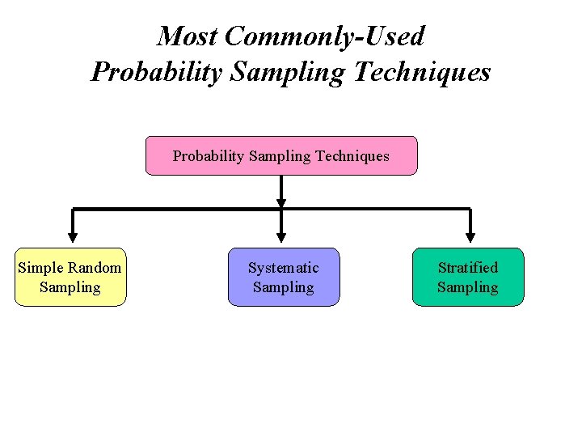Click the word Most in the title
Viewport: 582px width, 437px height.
pos(188,36)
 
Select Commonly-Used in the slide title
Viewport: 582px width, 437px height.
pos(324,36)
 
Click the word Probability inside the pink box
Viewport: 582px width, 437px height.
pos(208,156)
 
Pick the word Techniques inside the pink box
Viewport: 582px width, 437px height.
pos(352,156)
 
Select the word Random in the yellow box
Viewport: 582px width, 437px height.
pos(95,268)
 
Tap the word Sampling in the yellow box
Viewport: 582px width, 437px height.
pos(70,287)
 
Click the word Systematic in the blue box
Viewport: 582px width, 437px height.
pos(283,268)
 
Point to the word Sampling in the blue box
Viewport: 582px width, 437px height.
pos(283,287)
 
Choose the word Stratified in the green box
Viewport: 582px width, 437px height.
pos(468,268)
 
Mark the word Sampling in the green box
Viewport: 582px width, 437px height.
pos(468,287)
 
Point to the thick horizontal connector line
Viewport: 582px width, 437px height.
pos(178,209)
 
